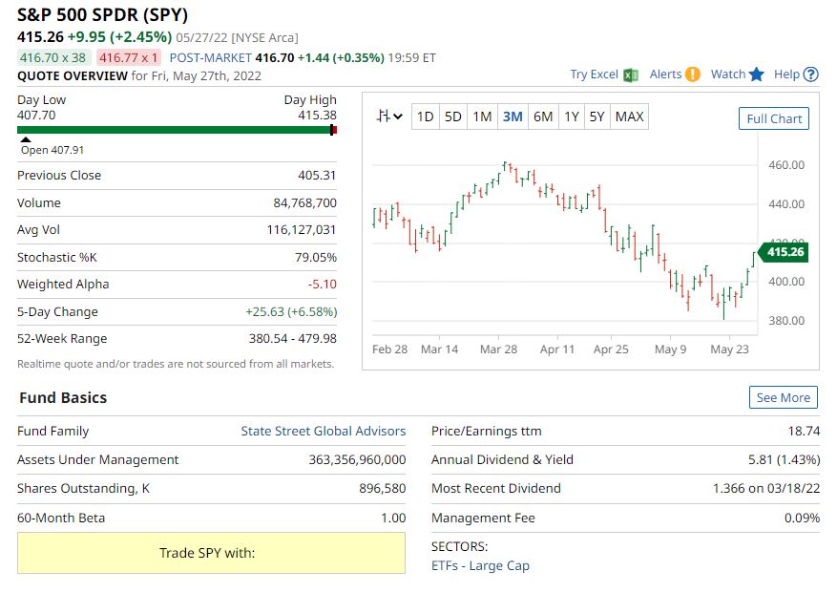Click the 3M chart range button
pyautogui.click(x=513, y=116)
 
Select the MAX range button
pyautogui.click(x=629, y=116)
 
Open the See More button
pyautogui.click(x=783, y=397)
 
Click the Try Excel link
pyautogui.click(x=594, y=74)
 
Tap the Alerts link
pyautogui.click(x=665, y=74)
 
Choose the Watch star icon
pyautogui.click(x=757, y=74)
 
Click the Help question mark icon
pyautogui.click(x=811, y=74)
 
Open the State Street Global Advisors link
pyautogui.click(x=323, y=431)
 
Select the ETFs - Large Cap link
pyautogui.click(x=480, y=565)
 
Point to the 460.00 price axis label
pyautogui.click(x=786, y=165)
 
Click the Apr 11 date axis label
pyautogui.click(x=557, y=349)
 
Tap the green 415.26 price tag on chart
pyautogui.click(x=785, y=252)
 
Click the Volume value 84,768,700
pyautogui.click(x=304, y=202)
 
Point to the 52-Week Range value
pyautogui.click(x=292, y=338)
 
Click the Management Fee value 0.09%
pyautogui.click(x=802, y=518)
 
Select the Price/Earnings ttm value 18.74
pyautogui.click(x=804, y=431)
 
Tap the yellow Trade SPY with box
pyautogui.click(x=211, y=553)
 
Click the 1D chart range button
pyautogui.click(x=425, y=116)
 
